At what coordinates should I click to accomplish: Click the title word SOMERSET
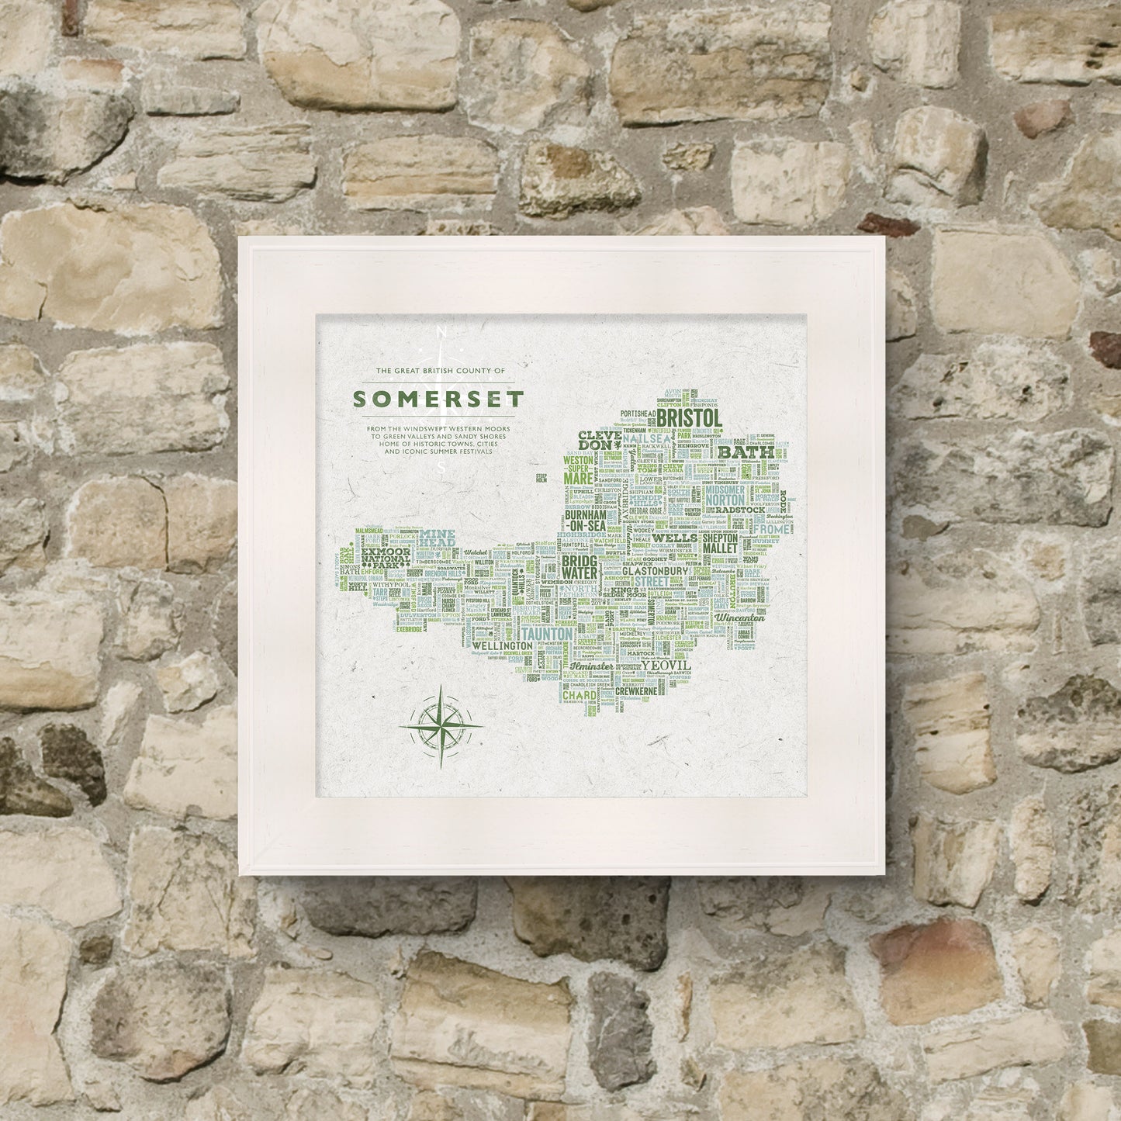point(438,399)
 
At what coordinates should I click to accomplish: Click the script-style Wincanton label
point(739,618)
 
